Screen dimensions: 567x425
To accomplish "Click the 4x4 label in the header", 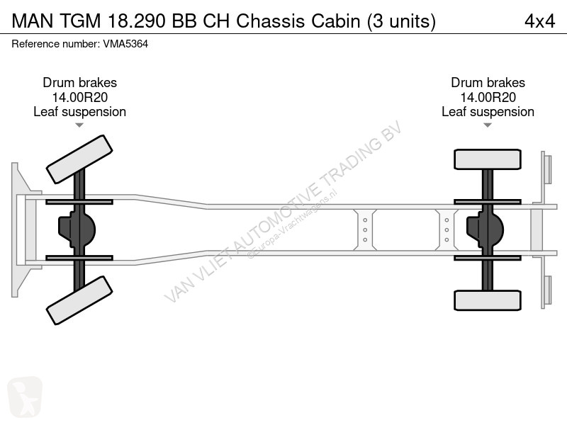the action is pos(539,21).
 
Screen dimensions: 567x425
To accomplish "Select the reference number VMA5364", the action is pos(125,44).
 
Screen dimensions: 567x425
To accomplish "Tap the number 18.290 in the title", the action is pos(137,21).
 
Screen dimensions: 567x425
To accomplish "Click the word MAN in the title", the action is pos(33,21).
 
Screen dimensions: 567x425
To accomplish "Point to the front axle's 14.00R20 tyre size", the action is pos(80,97).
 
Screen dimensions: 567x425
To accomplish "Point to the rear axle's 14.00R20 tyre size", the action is pos(488,97).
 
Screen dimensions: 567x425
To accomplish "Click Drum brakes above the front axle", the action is pos(80,83).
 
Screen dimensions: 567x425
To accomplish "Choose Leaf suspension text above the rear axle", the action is pos(488,112).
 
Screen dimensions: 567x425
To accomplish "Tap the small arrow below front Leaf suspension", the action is pos(79,125).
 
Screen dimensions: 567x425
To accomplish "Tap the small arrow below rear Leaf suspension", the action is pos(488,125).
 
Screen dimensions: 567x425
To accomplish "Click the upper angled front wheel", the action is pos(79,159).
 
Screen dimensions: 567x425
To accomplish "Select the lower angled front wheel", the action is pos(79,300).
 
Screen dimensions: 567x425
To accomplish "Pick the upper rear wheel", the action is pos(488,159).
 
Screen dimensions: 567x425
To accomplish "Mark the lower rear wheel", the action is pos(488,300).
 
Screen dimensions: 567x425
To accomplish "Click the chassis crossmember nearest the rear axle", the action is pos(447,229).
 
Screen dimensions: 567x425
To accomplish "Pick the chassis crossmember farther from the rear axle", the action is pos(365,229).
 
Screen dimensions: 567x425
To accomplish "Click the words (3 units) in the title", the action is pos(401,21).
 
